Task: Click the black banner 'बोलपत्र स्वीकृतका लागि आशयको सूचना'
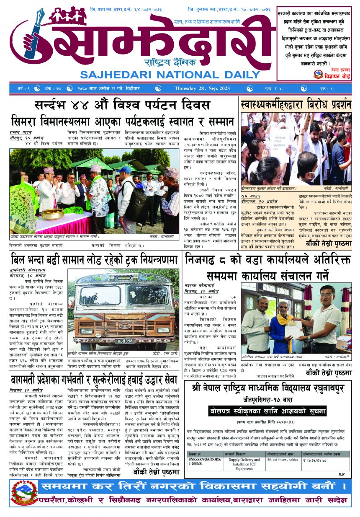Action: point(267,411)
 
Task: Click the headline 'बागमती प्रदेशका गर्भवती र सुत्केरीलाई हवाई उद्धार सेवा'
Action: point(94,380)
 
